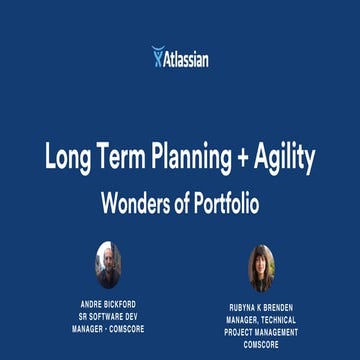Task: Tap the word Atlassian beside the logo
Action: click(x=187, y=59)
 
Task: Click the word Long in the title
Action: click(x=65, y=157)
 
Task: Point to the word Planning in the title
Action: click(x=190, y=157)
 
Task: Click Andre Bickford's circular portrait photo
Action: click(x=108, y=266)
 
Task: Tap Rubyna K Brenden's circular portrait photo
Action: click(x=261, y=268)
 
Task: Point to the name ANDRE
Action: click(x=91, y=303)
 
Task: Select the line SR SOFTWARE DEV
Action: click(x=108, y=315)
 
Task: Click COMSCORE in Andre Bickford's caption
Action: click(x=124, y=327)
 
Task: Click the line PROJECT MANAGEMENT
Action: click(x=261, y=332)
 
